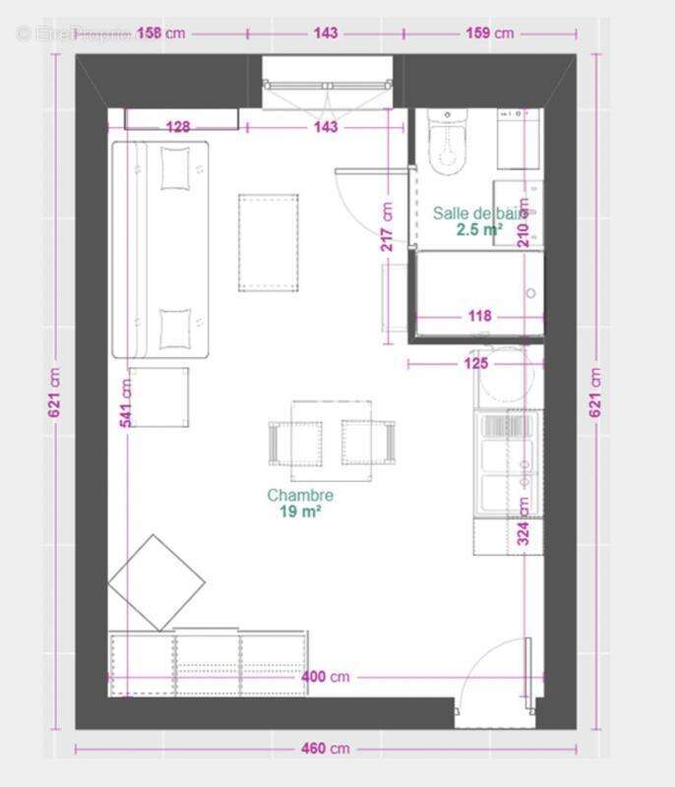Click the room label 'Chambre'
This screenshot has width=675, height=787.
click(300, 496)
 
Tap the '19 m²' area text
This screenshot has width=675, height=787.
click(300, 512)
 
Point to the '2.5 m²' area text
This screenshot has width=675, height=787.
click(479, 230)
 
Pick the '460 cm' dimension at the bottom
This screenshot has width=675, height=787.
click(326, 749)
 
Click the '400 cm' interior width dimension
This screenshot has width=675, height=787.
click(326, 678)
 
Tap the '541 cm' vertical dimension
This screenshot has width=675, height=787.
click(126, 402)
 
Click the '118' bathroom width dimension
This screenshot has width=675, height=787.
click(478, 317)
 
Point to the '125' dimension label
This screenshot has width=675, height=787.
click(476, 364)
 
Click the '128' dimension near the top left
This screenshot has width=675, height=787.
click(178, 127)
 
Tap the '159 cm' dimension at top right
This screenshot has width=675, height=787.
click(488, 33)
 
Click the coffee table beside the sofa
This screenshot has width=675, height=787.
click(268, 242)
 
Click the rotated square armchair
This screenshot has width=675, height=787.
click(155, 582)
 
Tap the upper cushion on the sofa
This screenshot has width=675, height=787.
click(175, 167)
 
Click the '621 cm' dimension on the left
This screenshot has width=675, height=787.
click(55, 393)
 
